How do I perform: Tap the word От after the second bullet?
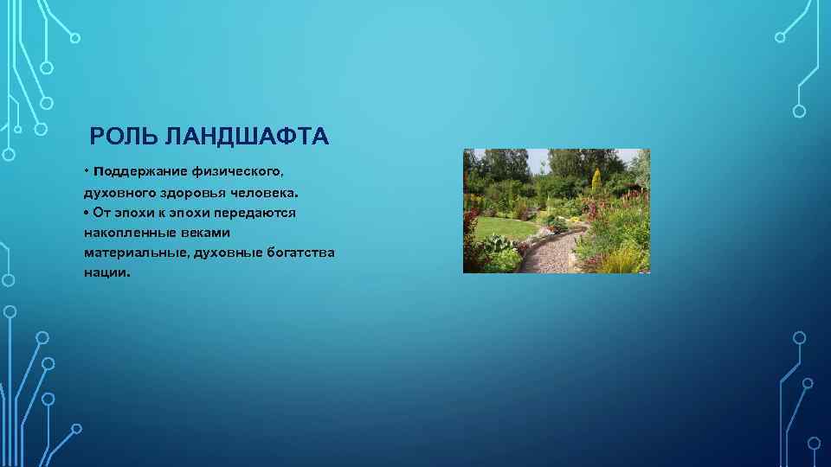point(104,212)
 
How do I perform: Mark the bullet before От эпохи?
point(87,212)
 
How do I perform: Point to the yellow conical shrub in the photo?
point(596,180)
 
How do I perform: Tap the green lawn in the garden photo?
point(502,227)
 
